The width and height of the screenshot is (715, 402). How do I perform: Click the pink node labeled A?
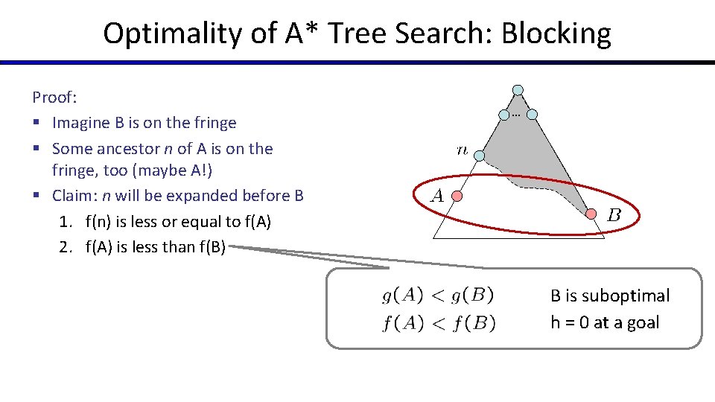459,197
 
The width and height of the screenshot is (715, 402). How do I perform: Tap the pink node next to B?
591,214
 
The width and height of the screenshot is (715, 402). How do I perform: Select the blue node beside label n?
480,156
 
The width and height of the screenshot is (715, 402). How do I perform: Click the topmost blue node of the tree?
518,90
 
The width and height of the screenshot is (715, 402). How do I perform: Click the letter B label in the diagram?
614,216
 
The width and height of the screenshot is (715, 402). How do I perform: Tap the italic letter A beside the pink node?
438,197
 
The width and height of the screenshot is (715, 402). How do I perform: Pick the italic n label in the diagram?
462,150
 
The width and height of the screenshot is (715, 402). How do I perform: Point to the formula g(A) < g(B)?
438,296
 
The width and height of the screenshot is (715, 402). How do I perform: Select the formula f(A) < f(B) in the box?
439,323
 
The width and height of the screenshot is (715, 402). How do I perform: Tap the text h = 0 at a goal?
605,322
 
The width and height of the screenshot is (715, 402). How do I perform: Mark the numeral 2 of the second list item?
63,247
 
